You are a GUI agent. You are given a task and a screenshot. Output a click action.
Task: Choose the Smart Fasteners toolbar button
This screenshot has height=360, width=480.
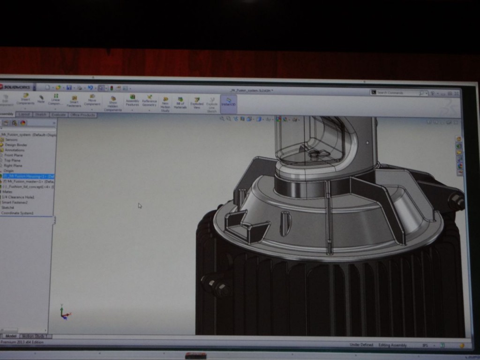(74, 101)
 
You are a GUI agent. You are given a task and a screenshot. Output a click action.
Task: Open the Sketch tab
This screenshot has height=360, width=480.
(40, 114)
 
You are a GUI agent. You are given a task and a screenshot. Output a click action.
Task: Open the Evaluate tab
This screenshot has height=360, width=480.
(58, 114)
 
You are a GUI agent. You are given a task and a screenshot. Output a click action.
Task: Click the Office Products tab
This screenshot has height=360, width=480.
(82, 115)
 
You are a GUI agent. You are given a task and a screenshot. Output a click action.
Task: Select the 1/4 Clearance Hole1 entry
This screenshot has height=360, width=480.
(18, 197)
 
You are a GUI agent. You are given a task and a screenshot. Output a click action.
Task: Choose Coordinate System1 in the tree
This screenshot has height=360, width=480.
(17, 213)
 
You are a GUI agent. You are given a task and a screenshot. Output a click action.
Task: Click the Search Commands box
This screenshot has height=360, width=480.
(396, 93)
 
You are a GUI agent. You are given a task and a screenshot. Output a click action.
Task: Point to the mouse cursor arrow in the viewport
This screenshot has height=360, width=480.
(140, 205)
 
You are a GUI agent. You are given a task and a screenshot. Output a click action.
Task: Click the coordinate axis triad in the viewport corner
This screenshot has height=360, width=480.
(64, 313)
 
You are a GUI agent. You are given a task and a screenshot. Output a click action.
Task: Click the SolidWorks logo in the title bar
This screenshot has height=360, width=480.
(15, 87)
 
